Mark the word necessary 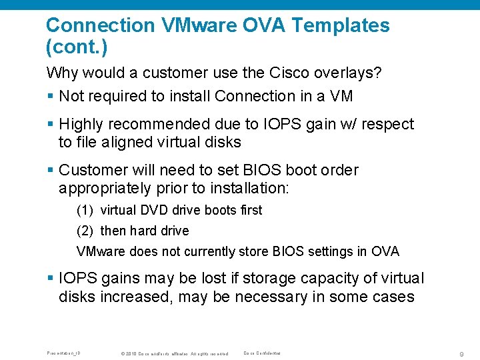(x=244, y=297)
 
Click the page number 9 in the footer (x=461, y=353)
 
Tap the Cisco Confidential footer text (x=262, y=353)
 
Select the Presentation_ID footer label (x=64, y=353)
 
